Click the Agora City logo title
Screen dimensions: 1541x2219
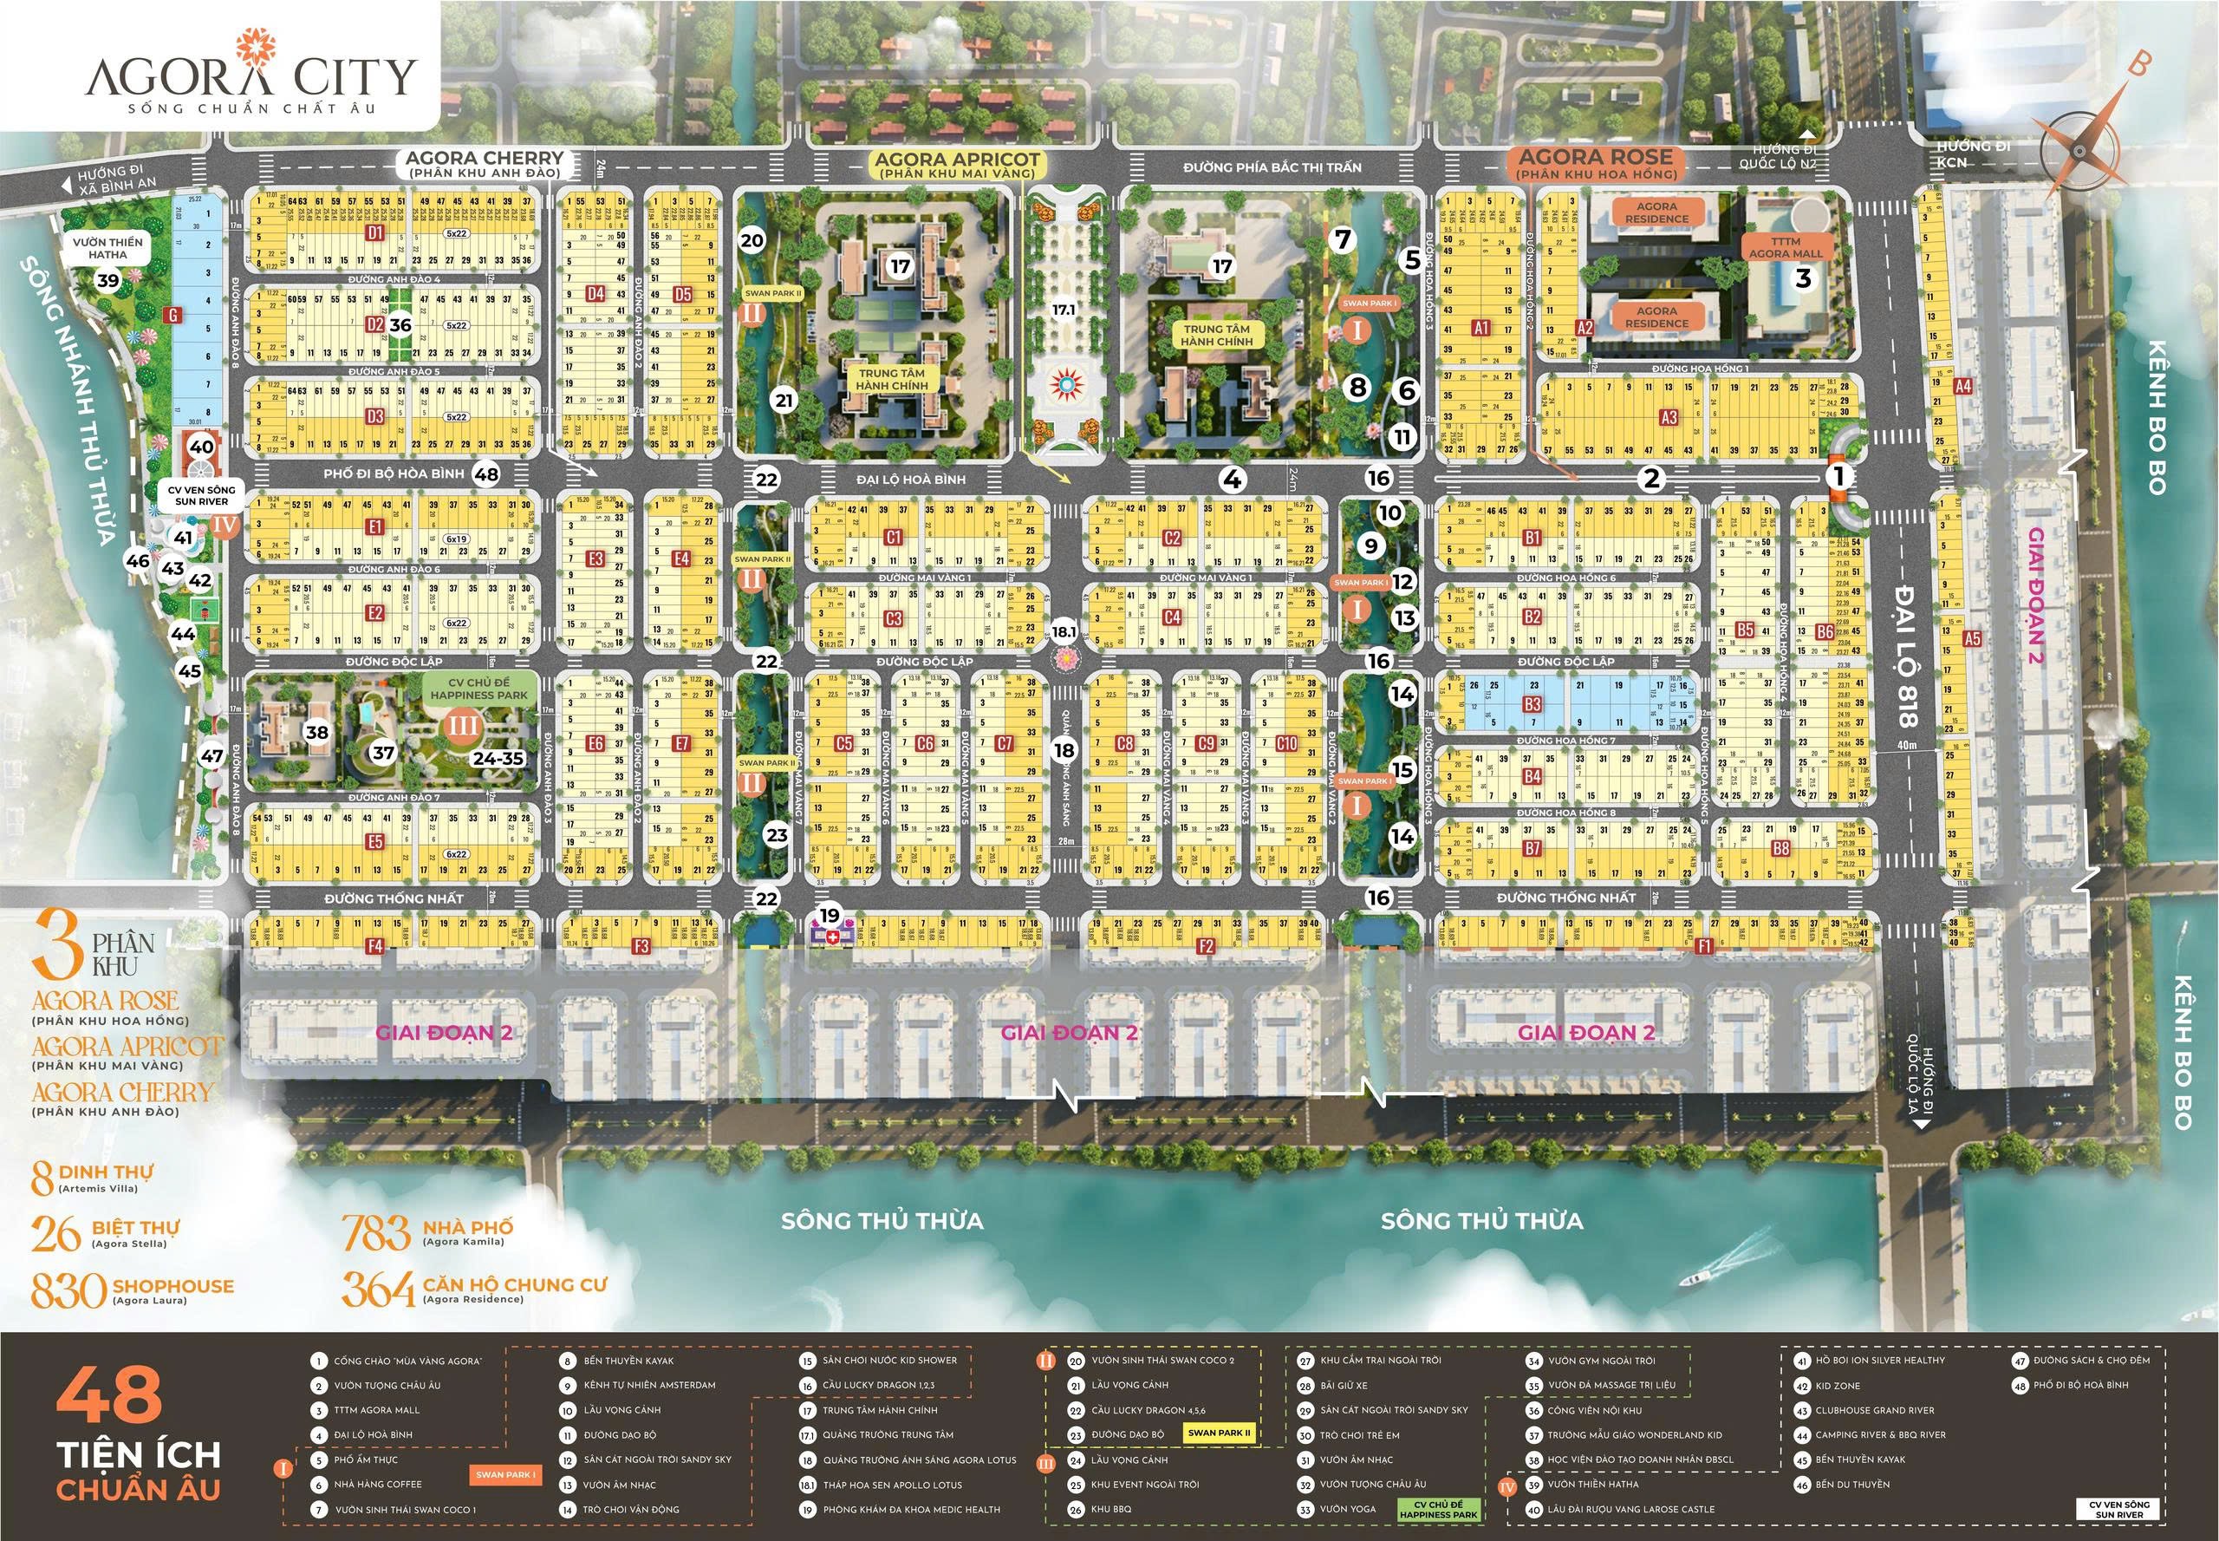[x=251, y=75]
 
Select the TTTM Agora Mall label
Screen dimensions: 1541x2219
[x=1786, y=247]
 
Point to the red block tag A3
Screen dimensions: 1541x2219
[x=1669, y=417]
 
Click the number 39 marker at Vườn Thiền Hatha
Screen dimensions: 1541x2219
[x=108, y=280]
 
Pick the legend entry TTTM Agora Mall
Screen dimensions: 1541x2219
[x=376, y=1410]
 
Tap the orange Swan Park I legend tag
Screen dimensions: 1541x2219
[x=504, y=1474]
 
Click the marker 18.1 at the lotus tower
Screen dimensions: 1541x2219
[x=1064, y=631]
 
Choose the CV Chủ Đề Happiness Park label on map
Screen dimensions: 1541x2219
[x=479, y=689]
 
